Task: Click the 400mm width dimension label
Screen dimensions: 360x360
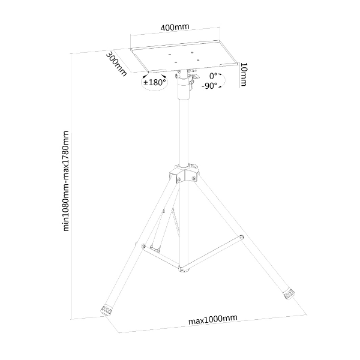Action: click(x=175, y=28)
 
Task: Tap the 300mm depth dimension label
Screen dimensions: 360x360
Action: click(x=116, y=64)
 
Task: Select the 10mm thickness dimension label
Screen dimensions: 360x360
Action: click(x=243, y=74)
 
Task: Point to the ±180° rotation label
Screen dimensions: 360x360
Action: click(x=155, y=82)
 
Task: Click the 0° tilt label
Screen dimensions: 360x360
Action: click(x=213, y=76)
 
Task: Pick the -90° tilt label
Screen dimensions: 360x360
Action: click(x=209, y=86)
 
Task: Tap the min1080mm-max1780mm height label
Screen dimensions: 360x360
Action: click(x=65, y=181)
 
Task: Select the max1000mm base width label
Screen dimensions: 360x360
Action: click(x=212, y=319)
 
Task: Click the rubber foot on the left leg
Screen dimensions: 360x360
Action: click(x=107, y=310)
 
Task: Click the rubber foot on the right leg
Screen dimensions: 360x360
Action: click(x=289, y=294)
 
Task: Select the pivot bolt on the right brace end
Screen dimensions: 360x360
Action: click(x=241, y=237)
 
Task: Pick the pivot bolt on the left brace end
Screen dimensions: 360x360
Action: click(x=143, y=245)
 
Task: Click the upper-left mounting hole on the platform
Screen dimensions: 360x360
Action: click(x=170, y=55)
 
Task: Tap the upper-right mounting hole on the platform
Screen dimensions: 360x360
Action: click(x=192, y=52)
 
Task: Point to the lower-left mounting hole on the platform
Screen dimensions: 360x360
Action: click(x=176, y=62)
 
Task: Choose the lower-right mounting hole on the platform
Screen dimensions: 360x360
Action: click(x=199, y=60)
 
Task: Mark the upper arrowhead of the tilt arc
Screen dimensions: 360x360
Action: click(x=220, y=74)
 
